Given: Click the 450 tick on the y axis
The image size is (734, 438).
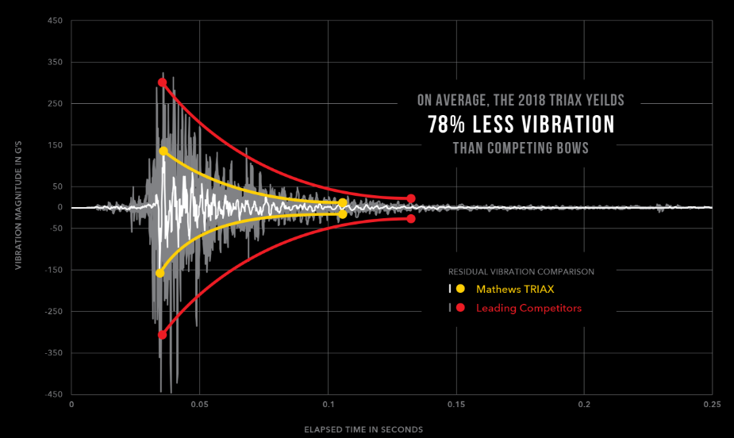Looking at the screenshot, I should (55, 21).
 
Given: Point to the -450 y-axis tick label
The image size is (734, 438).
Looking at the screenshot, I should (53, 394).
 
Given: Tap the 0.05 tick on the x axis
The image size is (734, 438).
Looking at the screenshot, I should (199, 404).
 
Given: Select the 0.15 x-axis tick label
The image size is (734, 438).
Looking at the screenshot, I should (456, 404).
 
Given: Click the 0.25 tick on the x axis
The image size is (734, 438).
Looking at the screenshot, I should (712, 404).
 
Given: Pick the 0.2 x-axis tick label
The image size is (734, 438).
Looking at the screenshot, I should (585, 404).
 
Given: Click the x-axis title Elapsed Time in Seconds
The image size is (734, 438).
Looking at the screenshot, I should (363, 429).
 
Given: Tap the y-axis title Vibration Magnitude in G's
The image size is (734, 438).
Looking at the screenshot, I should (18, 207).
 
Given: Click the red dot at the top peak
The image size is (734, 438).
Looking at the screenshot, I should (162, 83).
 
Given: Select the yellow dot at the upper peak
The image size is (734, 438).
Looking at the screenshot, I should (163, 151).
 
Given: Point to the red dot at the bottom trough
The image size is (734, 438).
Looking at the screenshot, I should (162, 335).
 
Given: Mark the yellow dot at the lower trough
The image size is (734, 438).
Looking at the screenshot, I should (159, 273).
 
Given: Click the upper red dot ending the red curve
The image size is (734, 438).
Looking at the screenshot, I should (411, 198).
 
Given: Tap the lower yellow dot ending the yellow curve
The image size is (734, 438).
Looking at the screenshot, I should (343, 214).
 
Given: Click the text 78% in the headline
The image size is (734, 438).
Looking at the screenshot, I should (448, 125).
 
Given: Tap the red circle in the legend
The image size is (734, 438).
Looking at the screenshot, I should (460, 308).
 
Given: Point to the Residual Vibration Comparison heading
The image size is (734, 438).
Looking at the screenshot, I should (521, 271).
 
